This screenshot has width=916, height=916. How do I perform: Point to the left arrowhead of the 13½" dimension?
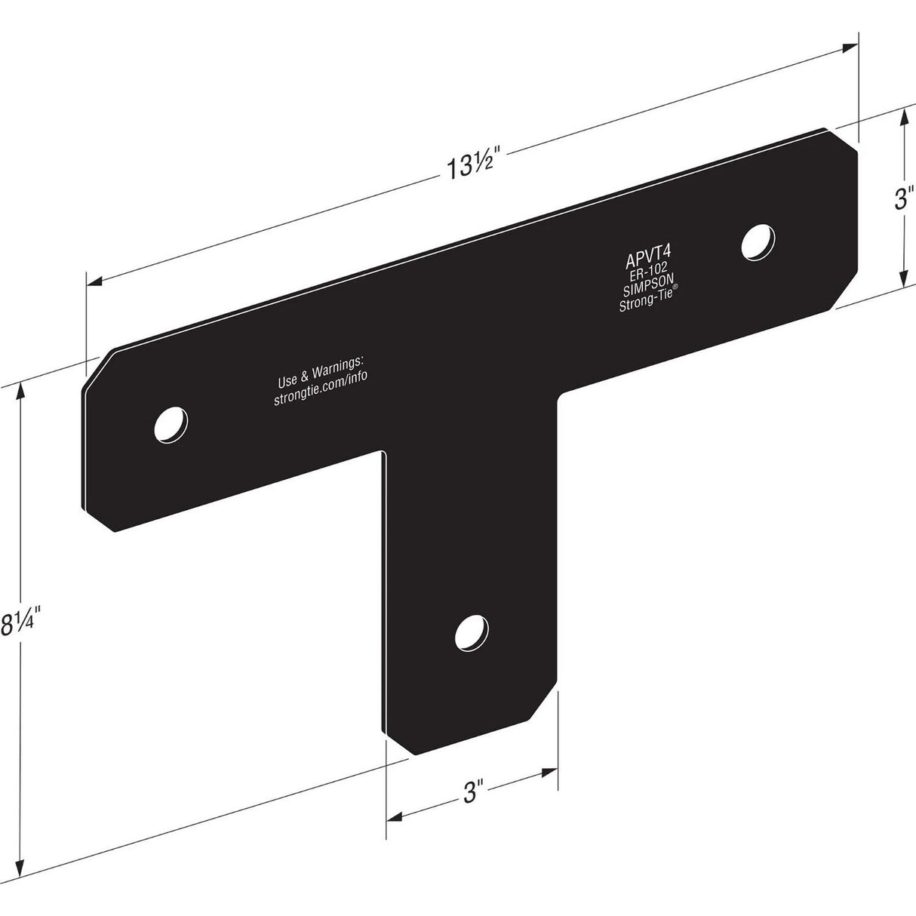coord(94,283)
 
